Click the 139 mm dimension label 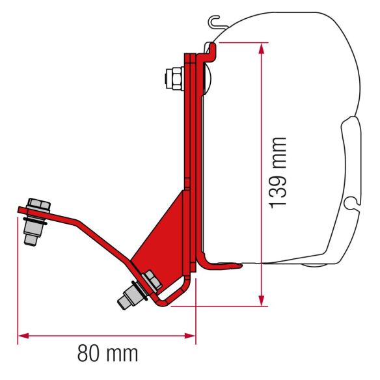278,172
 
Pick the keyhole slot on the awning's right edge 351,206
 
